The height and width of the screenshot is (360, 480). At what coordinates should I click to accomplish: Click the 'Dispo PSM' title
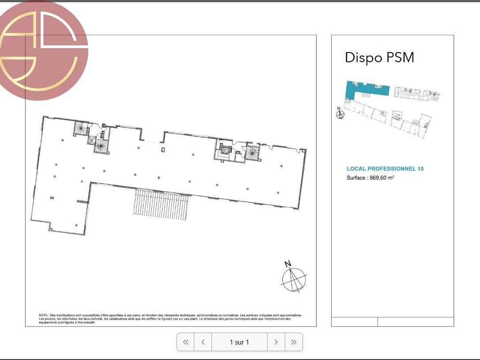379,58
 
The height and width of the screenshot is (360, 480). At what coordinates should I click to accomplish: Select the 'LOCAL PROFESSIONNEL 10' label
385,169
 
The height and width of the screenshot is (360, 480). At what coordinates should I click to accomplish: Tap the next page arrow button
276,342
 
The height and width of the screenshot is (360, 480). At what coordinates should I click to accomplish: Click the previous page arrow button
203,342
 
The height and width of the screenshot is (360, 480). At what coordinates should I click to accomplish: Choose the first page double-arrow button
186,342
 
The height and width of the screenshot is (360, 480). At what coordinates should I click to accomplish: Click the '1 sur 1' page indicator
239,342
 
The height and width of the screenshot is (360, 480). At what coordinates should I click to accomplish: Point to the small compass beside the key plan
340,114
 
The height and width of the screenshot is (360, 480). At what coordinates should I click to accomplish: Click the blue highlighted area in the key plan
367,88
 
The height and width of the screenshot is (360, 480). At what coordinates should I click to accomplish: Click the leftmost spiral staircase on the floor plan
81,129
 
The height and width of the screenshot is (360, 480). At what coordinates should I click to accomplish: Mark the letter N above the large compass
287,264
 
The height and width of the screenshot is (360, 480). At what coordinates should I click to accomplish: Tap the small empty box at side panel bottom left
354,322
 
